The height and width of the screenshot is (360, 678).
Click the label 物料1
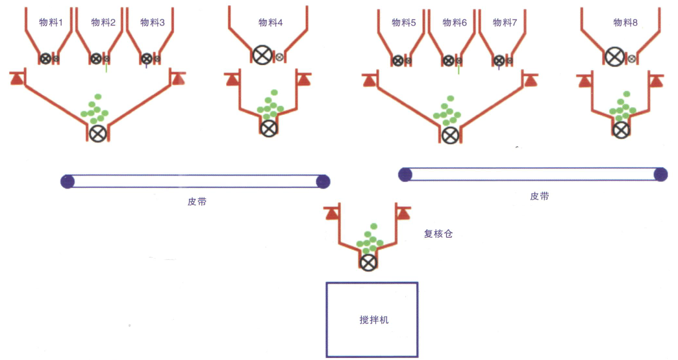pos(51,23)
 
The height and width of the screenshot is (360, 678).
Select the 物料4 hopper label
pos(270,23)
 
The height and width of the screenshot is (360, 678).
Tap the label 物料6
pos(455,23)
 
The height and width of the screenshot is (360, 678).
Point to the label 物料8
pos(625,23)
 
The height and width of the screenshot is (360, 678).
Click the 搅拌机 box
pos(371,319)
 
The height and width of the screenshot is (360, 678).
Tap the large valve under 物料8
pos(614,57)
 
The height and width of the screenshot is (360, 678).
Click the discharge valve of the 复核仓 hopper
pos(368,263)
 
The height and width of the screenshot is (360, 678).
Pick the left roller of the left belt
pos(67,181)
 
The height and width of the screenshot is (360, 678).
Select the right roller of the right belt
pos(660,174)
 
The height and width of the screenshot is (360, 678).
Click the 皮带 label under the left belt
pos(197,201)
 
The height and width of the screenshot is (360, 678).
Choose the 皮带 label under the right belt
pos(539,196)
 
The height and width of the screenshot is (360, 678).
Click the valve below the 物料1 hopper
pos(45,58)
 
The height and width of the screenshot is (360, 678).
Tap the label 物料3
pos(153,23)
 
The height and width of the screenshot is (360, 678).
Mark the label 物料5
pos(403,23)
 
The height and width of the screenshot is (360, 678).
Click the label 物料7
pos(505,23)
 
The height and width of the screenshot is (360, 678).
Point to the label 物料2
pos(103,23)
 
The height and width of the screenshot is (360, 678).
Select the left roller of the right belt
pos(405,174)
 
